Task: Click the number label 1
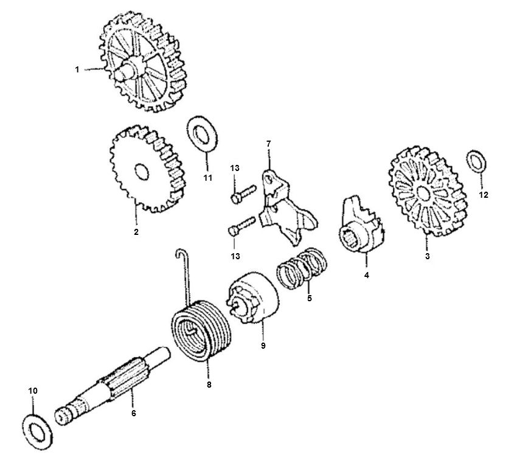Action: click(77, 70)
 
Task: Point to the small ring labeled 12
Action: click(476, 161)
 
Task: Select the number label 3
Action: click(427, 257)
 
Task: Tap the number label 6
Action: click(133, 413)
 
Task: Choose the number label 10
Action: click(33, 390)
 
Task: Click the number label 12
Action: click(484, 195)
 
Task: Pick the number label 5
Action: click(309, 299)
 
